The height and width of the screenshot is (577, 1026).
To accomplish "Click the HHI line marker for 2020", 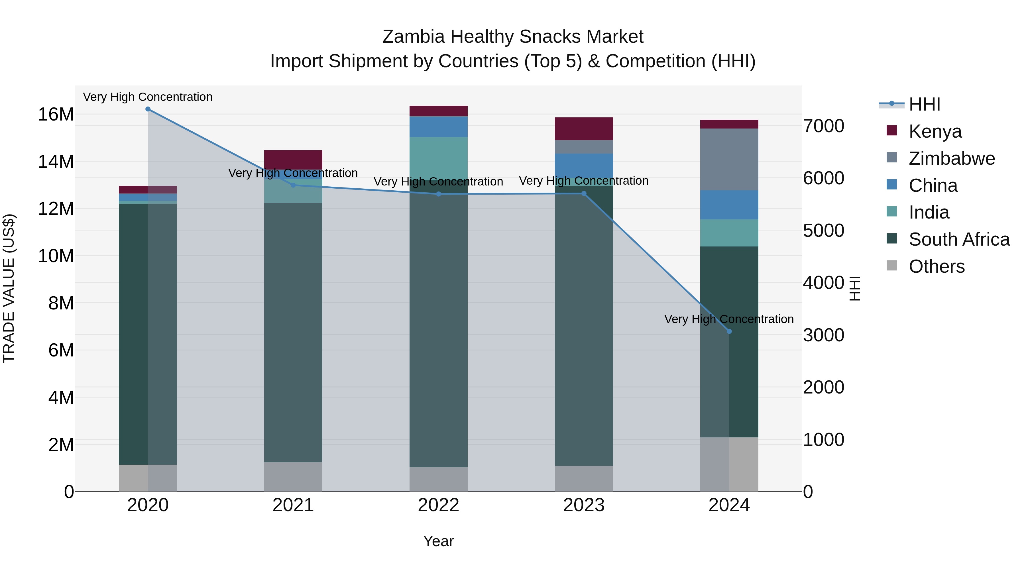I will tap(148, 109).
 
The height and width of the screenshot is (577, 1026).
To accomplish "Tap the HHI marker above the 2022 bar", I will tap(439, 194).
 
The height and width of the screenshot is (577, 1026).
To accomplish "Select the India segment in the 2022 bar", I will tap(439, 157).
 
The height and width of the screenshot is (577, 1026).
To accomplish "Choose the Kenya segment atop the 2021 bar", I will tap(293, 159).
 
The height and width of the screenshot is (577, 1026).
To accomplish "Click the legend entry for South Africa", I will tap(959, 239).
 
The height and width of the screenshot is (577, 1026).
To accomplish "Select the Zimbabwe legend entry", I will tap(952, 158).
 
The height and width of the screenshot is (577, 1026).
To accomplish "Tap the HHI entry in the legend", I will tap(924, 104).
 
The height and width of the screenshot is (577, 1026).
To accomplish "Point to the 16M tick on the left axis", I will tap(56, 115).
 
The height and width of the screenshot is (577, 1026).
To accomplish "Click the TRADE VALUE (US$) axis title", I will tap(9, 288).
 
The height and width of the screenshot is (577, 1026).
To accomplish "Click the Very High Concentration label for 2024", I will tap(729, 319).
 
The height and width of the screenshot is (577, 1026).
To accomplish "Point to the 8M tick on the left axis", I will tap(61, 303).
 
